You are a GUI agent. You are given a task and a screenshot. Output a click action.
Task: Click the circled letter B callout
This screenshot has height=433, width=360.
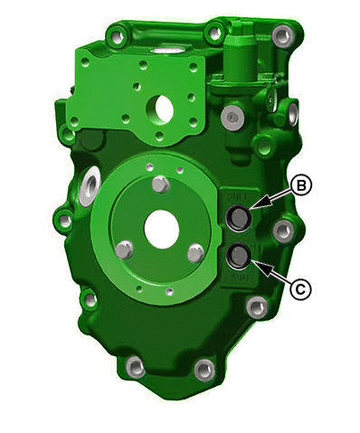pos(300,186)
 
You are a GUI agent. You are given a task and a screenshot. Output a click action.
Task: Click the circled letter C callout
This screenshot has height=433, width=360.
pos(300,289)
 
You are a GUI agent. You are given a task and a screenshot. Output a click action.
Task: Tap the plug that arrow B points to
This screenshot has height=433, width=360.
pos(239,219)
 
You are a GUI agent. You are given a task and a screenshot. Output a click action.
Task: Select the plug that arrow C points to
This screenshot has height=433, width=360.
pos(239,256)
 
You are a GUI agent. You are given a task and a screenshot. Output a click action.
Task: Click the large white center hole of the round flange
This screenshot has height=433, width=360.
pos(162,230)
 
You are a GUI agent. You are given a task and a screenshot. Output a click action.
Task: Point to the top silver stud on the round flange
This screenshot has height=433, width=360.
pos(161,184)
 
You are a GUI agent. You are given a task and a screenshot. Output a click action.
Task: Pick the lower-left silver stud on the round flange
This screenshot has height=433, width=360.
pos(125,250)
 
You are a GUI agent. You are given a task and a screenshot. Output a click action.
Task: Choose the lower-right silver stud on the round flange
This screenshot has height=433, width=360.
pos(196,252)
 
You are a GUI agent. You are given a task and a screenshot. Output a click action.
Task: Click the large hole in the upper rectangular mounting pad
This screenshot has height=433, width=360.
pos(160,108)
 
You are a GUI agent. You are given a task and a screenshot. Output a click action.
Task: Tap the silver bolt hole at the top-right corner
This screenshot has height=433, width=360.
pos(283,36)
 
